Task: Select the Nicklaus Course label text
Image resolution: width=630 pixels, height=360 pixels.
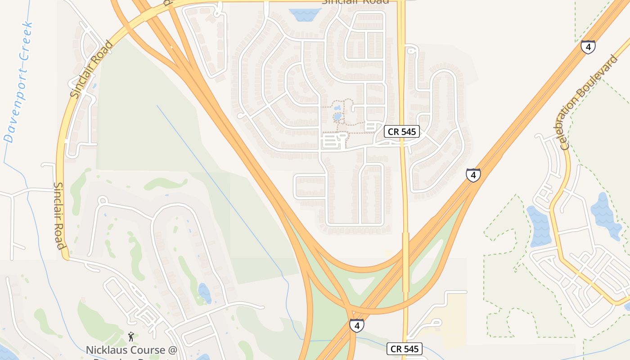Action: coord(132,350)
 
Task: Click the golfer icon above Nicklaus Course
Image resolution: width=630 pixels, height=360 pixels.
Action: coord(131,336)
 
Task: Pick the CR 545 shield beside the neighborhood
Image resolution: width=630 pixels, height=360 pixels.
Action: coord(402,132)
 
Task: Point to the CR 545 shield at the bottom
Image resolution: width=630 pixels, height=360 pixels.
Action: coord(405,349)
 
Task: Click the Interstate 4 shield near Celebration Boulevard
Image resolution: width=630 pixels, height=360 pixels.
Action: coord(588,47)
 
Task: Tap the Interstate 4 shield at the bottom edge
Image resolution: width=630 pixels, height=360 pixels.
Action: coord(356,325)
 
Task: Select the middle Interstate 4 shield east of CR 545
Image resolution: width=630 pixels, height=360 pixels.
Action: coord(472,175)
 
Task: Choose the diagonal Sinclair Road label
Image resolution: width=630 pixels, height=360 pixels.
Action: coord(91,69)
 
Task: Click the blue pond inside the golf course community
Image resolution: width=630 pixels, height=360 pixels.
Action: coord(204,292)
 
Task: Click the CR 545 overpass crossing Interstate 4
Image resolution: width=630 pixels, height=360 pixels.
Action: coord(405,261)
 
